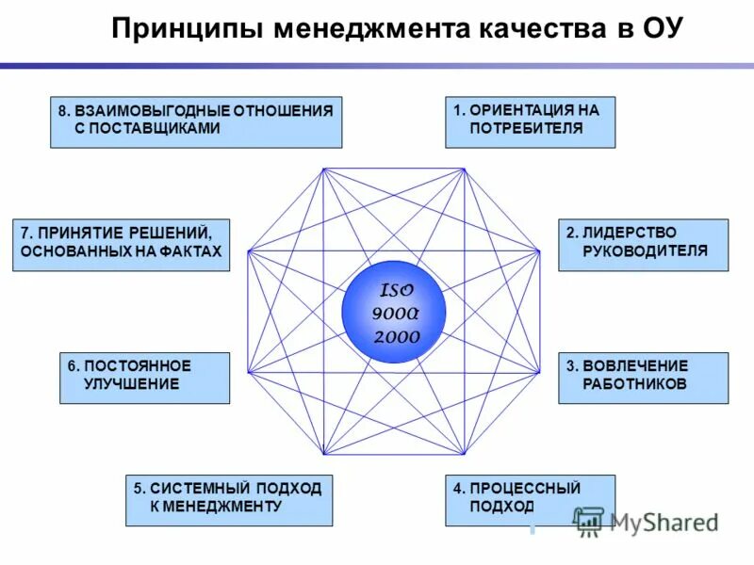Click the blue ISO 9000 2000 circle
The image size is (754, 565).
pos(393,312)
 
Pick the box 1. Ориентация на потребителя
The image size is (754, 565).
pos(530,121)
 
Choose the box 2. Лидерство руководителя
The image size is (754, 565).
pos(643,245)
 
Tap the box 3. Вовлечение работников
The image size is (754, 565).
pos(643,378)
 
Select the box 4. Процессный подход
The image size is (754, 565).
pos(530,500)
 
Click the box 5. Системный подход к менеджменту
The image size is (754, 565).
pos(229,500)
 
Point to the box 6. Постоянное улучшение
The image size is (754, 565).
pos(144,378)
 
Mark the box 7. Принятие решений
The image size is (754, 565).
pos(121,245)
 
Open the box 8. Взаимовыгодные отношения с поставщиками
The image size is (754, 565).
pos(196,121)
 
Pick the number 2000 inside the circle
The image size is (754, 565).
pos(396,336)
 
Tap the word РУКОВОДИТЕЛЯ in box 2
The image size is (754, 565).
pos(645,251)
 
